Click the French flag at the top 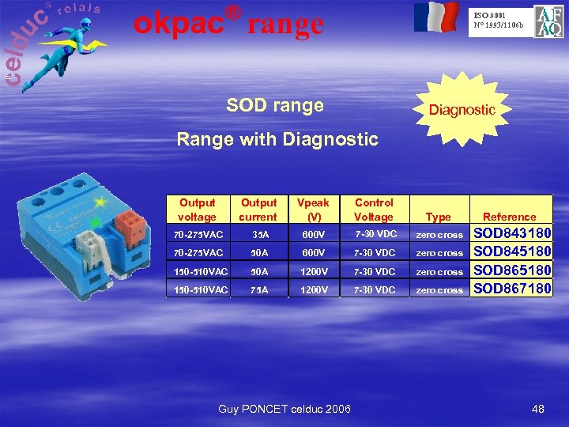(435, 17)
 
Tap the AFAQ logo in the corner (548, 21)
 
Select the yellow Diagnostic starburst (462, 110)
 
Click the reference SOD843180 (511, 234)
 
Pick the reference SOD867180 (511, 289)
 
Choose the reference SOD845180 (511, 252)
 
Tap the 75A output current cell (259, 290)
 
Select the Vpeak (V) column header (314, 210)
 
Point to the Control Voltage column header (374, 210)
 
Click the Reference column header (509, 217)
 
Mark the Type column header (438, 217)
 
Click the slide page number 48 (538, 409)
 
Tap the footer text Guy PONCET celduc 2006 (284, 409)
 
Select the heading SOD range (275, 105)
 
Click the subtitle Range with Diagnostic (277, 140)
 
